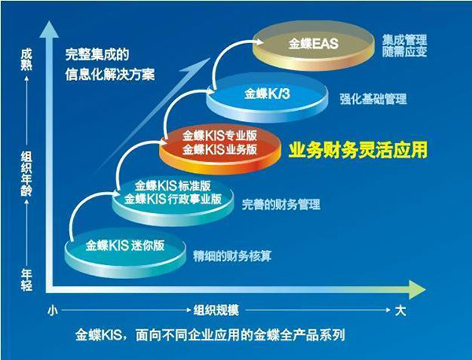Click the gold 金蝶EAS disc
(x=313, y=45)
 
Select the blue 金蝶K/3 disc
(x=267, y=97)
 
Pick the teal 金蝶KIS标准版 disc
(x=173, y=200)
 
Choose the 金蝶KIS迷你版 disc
(x=126, y=253)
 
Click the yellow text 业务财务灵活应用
(x=358, y=150)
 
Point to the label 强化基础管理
(x=373, y=99)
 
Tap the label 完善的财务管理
(x=281, y=204)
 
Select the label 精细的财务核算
(x=232, y=256)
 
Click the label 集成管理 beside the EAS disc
(x=404, y=40)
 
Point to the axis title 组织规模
(x=216, y=310)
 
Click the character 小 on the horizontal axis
(x=53, y=310)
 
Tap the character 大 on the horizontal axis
(x=400, y=310)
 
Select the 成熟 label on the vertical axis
(x=26, y=61)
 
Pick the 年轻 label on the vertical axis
(x=26, y=281)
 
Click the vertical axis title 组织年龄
(x=26, y=174)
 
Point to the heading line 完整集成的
(x=98, y=54)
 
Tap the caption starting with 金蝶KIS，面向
(x=210, y=335)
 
